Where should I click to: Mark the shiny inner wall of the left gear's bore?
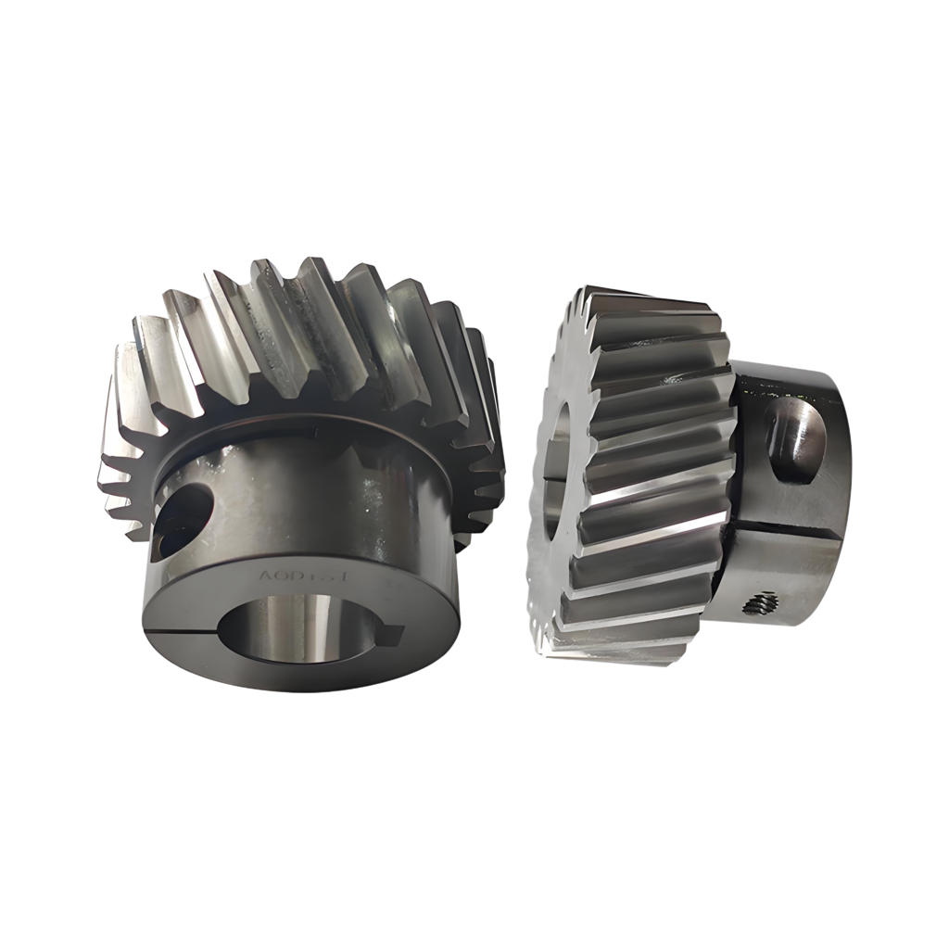[287, 621]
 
